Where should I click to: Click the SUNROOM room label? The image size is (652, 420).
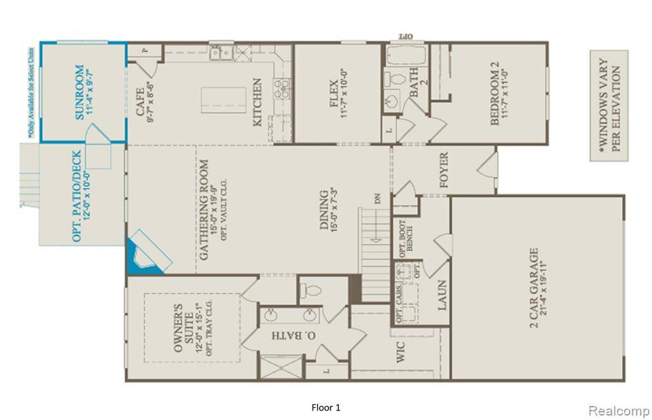point(80,92)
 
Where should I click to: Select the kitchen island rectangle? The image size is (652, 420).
point(223,101)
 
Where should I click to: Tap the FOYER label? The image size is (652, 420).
point(444,171)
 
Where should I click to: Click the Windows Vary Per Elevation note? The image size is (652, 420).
point(609,105)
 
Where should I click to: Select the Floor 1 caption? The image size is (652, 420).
point(326,407)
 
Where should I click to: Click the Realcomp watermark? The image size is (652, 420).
point(618,410)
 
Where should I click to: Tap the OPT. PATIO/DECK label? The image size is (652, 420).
point(77,196)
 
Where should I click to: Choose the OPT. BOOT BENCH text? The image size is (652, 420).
point(406,237)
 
